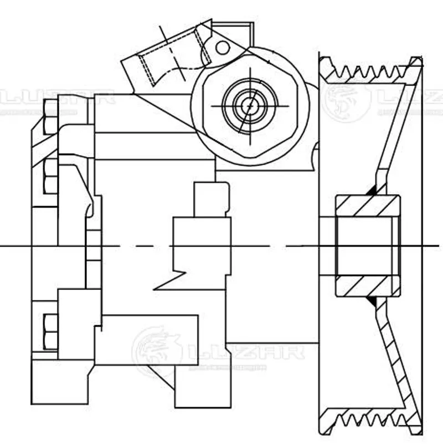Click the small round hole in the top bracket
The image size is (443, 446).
point(222,47)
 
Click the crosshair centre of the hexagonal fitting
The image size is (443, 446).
point(250,104)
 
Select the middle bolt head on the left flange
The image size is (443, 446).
point(50,176)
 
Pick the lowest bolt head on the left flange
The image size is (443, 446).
point(50,331)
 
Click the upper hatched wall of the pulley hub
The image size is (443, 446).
point(368,205)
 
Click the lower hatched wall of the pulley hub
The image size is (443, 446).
point(368,286)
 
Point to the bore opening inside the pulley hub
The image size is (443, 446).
point(368,245)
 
